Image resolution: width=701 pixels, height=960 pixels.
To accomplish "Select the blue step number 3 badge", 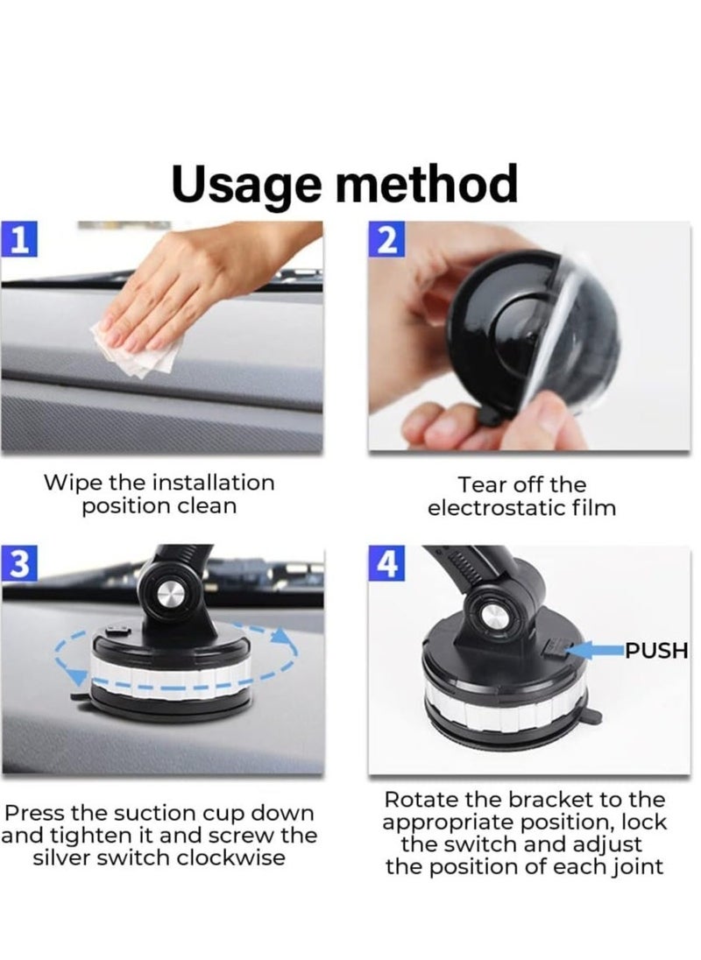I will point(18,566).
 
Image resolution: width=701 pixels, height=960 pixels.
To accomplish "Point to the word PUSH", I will point(655,651).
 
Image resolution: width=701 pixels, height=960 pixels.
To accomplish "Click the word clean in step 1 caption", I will point(209,506).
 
